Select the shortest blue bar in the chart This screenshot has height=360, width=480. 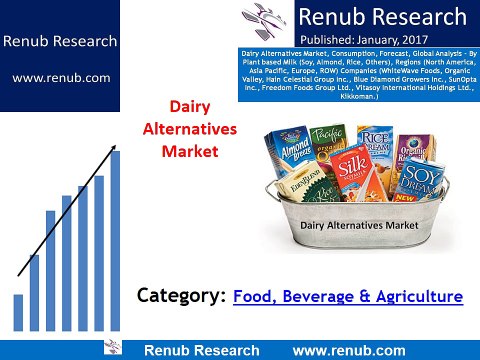click(18, 311)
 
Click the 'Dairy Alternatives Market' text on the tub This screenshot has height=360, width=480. click(358, 226)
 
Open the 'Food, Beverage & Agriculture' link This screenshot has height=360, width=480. click(348, 296)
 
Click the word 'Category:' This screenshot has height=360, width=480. click(181, 296)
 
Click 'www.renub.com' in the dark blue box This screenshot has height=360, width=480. click(59, 77)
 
